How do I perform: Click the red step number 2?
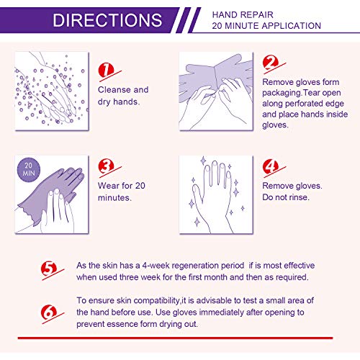(x=271, y=64)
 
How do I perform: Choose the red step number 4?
(x=271, y=167)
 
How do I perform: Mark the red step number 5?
(x=49, y=270)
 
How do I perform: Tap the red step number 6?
(x=49, y=311)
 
